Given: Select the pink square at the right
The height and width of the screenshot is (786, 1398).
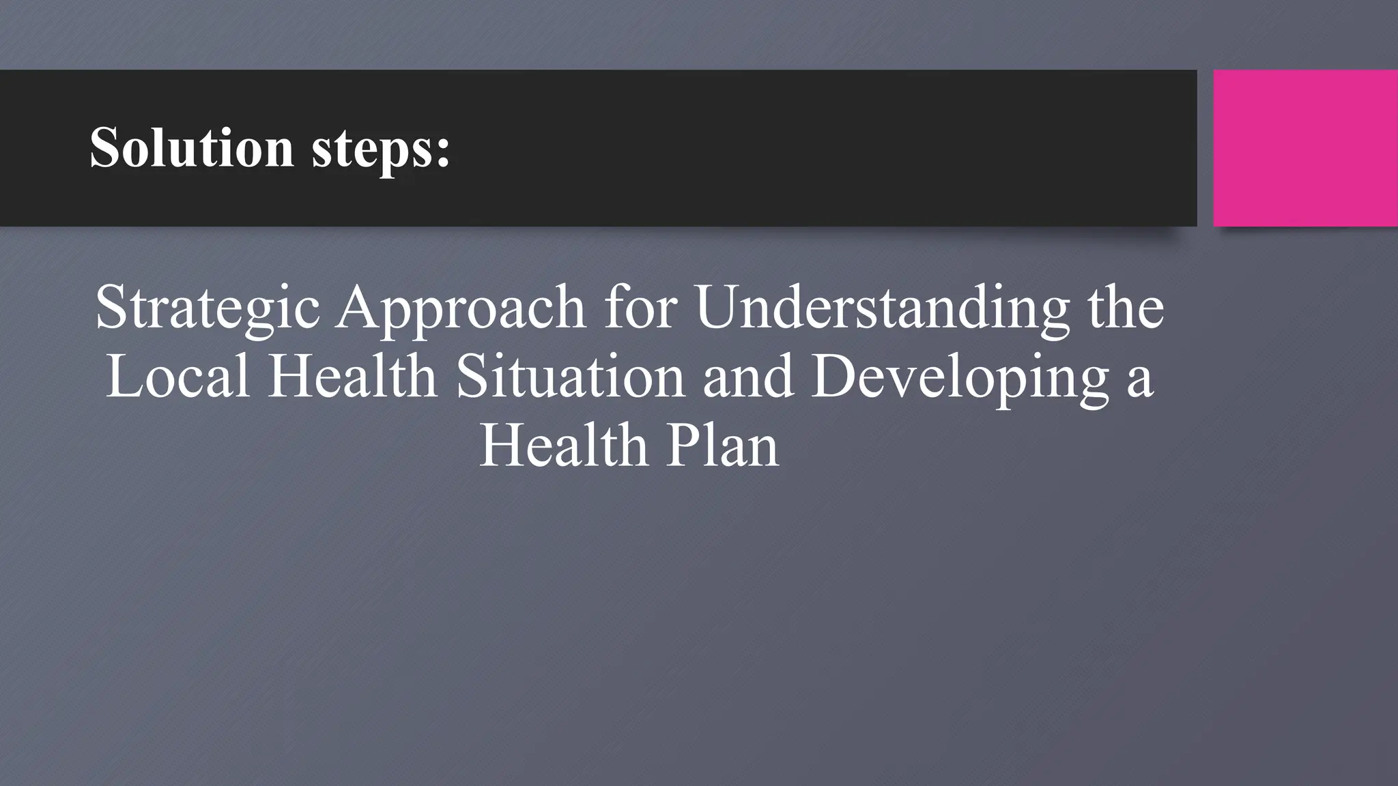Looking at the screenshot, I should click(x=1305, y=148).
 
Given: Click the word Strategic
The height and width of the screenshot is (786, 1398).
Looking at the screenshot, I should click(x=208, y=308).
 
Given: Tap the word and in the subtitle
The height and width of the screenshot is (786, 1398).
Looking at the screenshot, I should click(x=748, y=377).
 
